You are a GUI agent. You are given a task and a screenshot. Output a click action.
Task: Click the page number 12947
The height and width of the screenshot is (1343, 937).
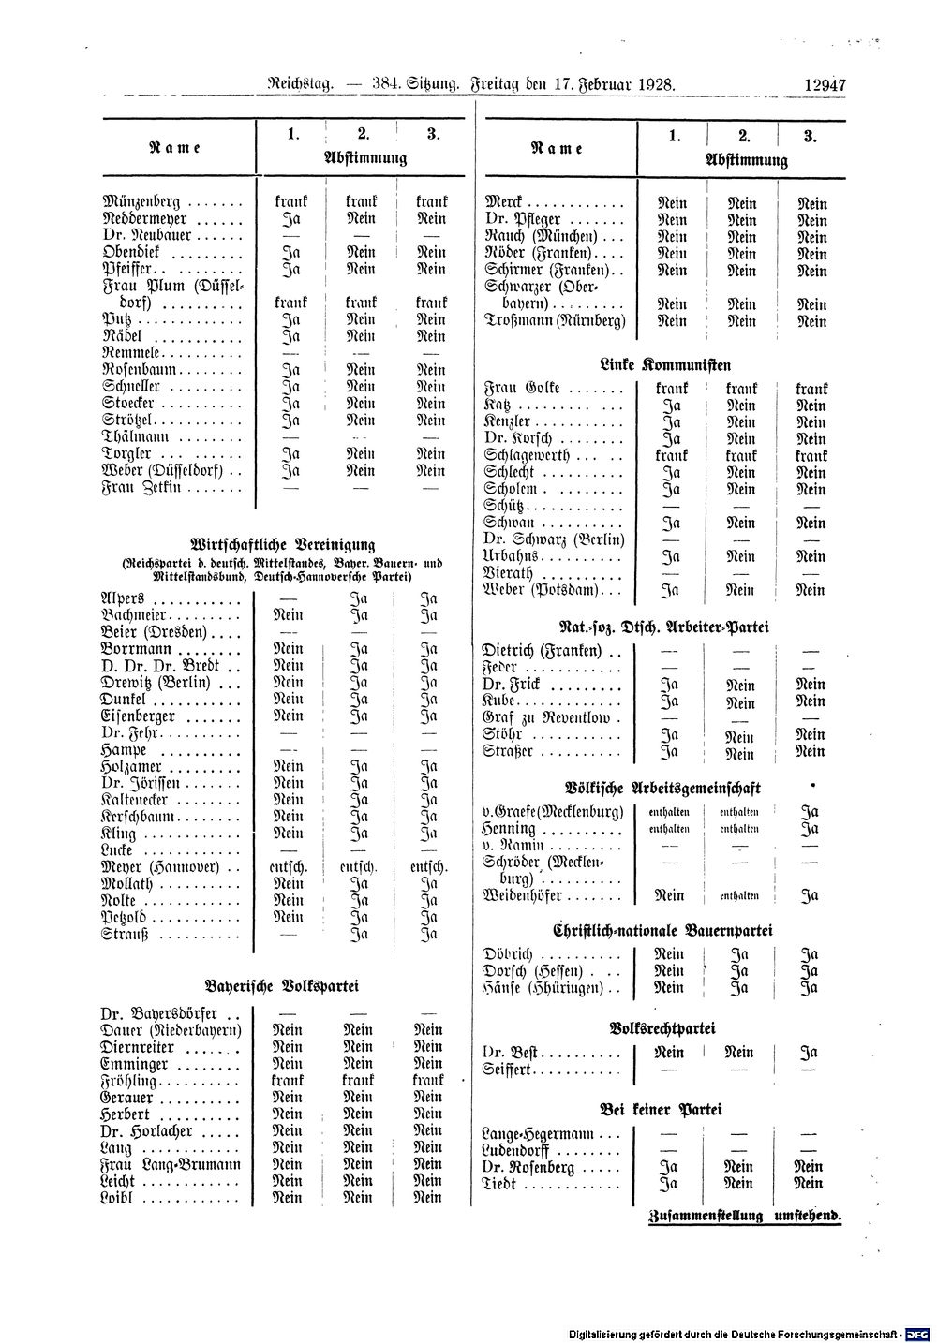pos(825,84)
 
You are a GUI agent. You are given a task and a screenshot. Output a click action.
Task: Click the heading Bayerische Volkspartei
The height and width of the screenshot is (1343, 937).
pos(282,986)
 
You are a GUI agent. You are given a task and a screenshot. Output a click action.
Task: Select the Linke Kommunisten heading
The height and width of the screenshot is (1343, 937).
pos(665,364)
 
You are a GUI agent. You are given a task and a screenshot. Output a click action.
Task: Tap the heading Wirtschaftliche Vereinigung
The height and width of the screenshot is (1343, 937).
pos(282,544)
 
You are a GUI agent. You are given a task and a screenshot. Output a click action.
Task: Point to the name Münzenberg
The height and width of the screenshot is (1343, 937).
pos(142,202)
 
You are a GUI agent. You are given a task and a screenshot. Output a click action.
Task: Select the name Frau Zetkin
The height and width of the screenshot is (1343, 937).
pos(140,488)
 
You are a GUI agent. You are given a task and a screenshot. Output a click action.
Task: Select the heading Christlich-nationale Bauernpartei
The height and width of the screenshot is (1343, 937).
pos(662,931)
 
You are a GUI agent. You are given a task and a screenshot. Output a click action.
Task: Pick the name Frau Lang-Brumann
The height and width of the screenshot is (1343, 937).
pos(170,1164)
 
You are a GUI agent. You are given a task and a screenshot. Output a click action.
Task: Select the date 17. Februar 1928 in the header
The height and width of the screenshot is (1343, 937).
pos(609,84)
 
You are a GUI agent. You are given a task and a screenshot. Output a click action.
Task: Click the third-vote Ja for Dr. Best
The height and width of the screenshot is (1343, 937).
pos(810,1053)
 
